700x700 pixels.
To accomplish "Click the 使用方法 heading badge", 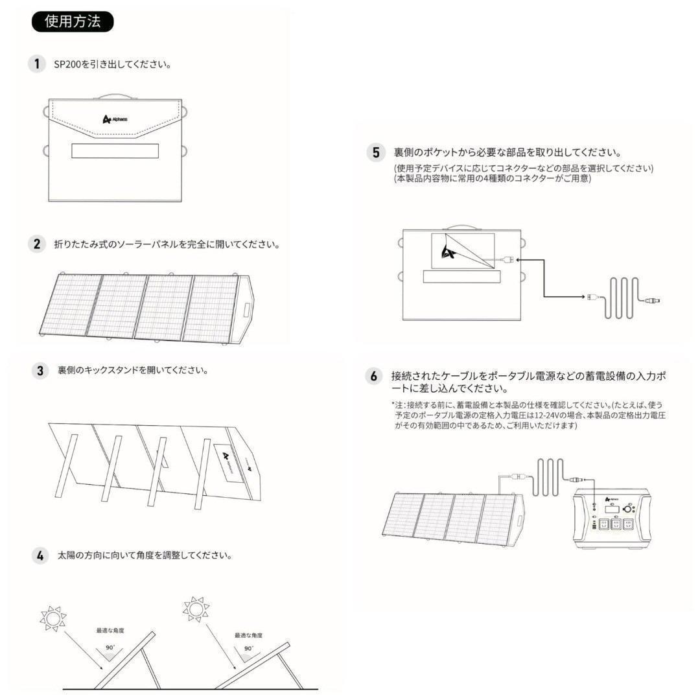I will (73, 21).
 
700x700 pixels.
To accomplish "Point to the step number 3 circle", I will (40, 371).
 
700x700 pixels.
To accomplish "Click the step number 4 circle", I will (40, 555).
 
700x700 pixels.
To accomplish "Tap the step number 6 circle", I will (374, 376).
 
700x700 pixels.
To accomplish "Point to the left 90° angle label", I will (110, 647).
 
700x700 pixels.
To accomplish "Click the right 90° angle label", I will (248, 648).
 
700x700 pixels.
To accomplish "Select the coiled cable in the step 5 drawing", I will (621, 297).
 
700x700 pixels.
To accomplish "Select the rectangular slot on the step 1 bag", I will (115, 150).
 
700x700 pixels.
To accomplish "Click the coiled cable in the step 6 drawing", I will (549, 478).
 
